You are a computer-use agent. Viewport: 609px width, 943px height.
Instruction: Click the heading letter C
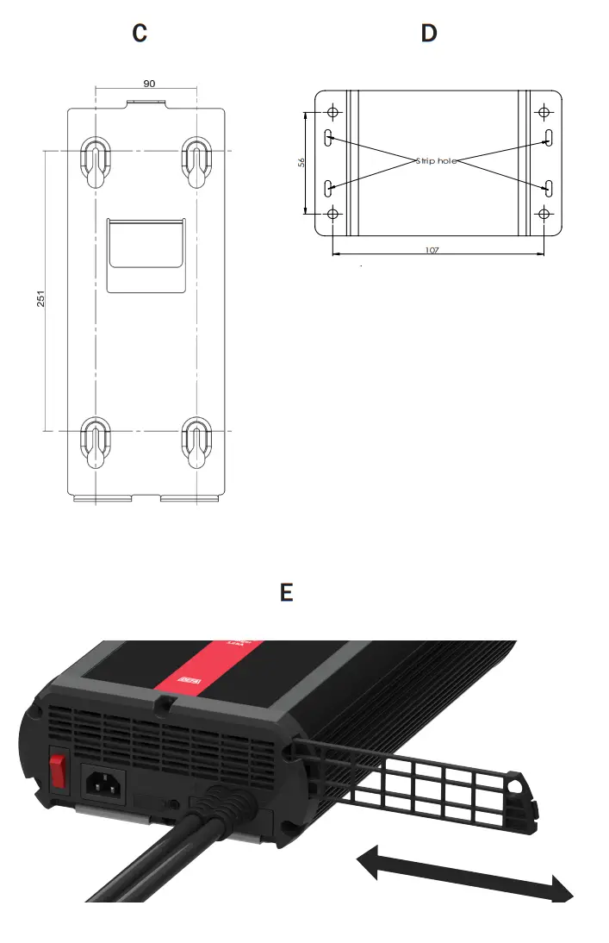click(140, 34)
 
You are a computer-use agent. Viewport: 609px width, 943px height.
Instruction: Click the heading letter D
click(428, 34)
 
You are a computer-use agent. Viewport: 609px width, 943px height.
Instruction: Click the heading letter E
click(287, 593)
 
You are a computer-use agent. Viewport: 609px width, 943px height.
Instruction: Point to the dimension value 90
click(148, 84)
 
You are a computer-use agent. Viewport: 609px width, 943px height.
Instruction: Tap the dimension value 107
click(432, 250)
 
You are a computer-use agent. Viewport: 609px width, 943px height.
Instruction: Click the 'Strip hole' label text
click(436, 161)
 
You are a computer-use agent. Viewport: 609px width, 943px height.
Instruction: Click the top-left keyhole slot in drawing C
click(95, 159)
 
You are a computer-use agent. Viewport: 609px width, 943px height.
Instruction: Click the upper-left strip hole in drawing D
click(328, 138)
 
